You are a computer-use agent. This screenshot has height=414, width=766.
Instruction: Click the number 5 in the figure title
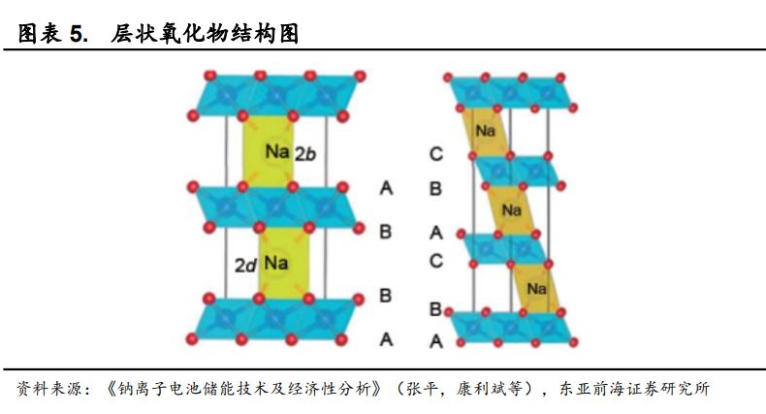pos(77,34)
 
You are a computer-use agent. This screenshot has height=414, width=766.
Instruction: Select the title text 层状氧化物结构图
pos(205,34)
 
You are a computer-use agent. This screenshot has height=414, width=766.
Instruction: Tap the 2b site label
pos(305,153)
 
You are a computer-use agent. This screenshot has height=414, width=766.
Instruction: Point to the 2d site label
pos(245,265)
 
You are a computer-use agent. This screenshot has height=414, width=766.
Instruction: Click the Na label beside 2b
pos(277,151)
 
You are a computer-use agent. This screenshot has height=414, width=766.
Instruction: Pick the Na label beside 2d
pos(276,263)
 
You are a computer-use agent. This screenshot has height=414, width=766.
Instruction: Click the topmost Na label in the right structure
pos(485,130)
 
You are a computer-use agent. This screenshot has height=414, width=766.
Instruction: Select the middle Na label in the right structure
pos(512,210)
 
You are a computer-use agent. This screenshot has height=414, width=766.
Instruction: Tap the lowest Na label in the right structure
pos(536,289)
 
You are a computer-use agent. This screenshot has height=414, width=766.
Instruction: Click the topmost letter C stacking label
pos(435,154)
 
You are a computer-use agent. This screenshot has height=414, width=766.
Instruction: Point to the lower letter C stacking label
pos(435,261)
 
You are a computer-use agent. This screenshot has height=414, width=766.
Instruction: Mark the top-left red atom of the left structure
pos(210,76)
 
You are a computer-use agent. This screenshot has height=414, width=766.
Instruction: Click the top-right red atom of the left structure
pos(360,76)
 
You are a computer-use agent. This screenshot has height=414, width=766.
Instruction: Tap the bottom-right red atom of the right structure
pos(573,342)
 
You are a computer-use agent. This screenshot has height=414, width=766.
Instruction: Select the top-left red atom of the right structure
pos(448,78)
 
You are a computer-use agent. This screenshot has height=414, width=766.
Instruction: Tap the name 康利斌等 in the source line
pos(490,389)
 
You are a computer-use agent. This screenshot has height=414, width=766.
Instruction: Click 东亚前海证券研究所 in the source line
pos(634,389)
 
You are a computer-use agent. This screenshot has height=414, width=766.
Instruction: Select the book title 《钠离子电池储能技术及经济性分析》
pos(242,389)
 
